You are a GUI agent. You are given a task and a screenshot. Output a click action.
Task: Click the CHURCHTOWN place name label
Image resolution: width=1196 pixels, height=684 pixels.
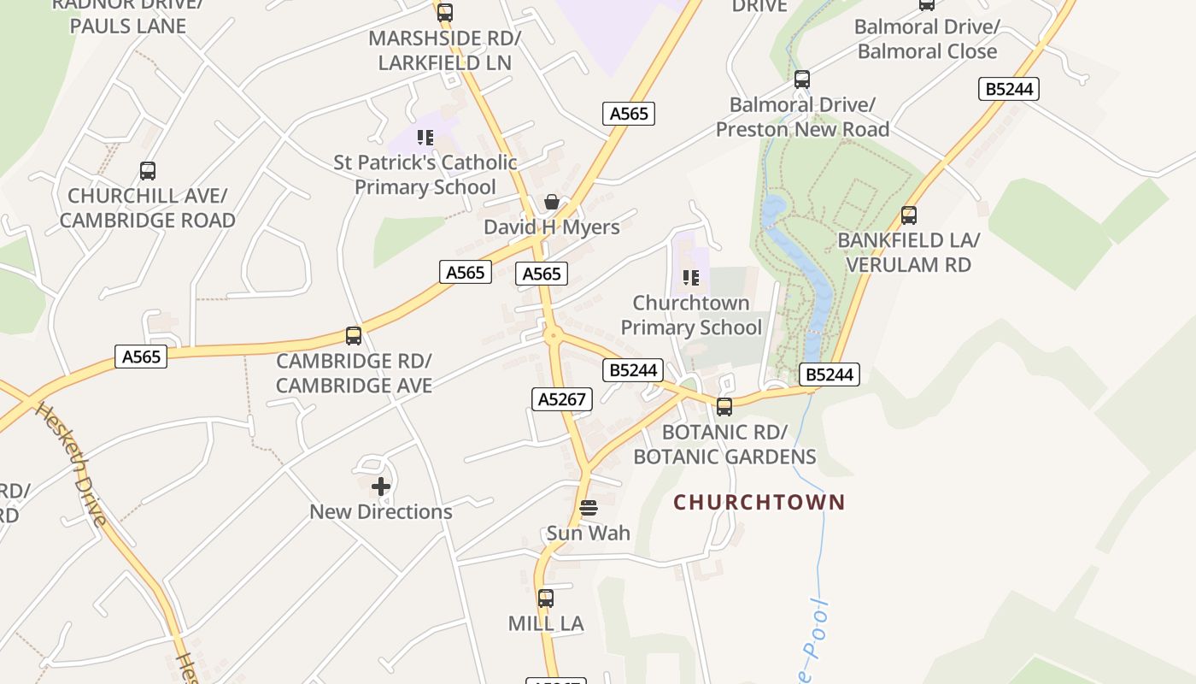(x=759, y=502)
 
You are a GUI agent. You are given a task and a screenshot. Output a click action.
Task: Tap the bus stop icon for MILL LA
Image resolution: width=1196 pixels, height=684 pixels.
(x=546, y=598)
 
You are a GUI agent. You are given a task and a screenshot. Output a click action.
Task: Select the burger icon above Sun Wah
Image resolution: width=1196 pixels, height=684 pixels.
(x=589, y=508)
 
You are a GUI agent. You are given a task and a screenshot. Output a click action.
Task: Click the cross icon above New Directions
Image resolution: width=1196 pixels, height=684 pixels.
(x=381, y=486)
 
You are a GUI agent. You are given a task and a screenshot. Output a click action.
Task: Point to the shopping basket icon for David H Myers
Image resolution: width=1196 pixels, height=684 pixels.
(x=552, y=203)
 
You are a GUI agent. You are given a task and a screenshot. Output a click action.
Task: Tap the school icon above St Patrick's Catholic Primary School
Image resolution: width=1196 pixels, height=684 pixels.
(x=425, y=138)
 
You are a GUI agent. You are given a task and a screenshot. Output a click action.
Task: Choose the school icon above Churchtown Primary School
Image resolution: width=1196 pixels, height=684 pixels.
(x=691, y=278)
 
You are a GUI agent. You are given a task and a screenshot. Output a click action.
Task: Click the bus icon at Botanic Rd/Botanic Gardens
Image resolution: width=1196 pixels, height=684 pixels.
(x=724, y=407)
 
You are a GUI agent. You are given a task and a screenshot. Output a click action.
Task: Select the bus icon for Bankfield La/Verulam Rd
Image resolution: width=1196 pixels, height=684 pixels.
(x=909, y=215)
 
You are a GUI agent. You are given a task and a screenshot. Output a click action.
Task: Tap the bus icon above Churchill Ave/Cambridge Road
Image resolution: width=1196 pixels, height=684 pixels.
(x=148, y=171)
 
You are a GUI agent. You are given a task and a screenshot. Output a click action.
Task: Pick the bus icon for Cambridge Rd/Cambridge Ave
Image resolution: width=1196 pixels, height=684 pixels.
(x=354, y=336)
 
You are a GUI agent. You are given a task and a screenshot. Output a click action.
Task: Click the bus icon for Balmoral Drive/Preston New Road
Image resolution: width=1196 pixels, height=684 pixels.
(x=802, y=80)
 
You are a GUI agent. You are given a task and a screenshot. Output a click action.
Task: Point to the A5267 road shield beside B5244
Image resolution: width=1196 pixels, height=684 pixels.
(x=561, y=399)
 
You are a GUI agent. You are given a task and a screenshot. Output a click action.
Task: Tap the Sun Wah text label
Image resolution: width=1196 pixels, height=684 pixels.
(x=589, y=534)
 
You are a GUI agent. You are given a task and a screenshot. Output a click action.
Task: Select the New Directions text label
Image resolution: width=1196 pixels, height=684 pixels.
(x=381, y=512)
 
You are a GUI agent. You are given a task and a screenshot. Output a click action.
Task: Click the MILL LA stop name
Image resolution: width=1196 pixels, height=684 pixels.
(x=546, y=624)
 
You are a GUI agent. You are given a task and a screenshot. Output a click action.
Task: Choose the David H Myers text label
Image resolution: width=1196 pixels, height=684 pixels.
(x=552, y=227)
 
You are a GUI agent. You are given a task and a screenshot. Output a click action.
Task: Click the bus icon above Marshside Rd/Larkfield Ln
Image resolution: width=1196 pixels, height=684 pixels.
(x=444, y=13)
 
